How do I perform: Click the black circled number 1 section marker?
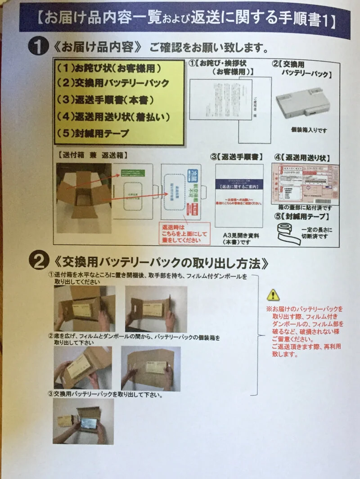click(x=39, y=46)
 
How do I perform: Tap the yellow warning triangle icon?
click(x=273, y=295)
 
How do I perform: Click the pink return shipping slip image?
click(x=305, y=183)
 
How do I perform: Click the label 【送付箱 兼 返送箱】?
click(x=92, y=154)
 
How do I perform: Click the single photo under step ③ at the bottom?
click(x=83, y=421)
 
